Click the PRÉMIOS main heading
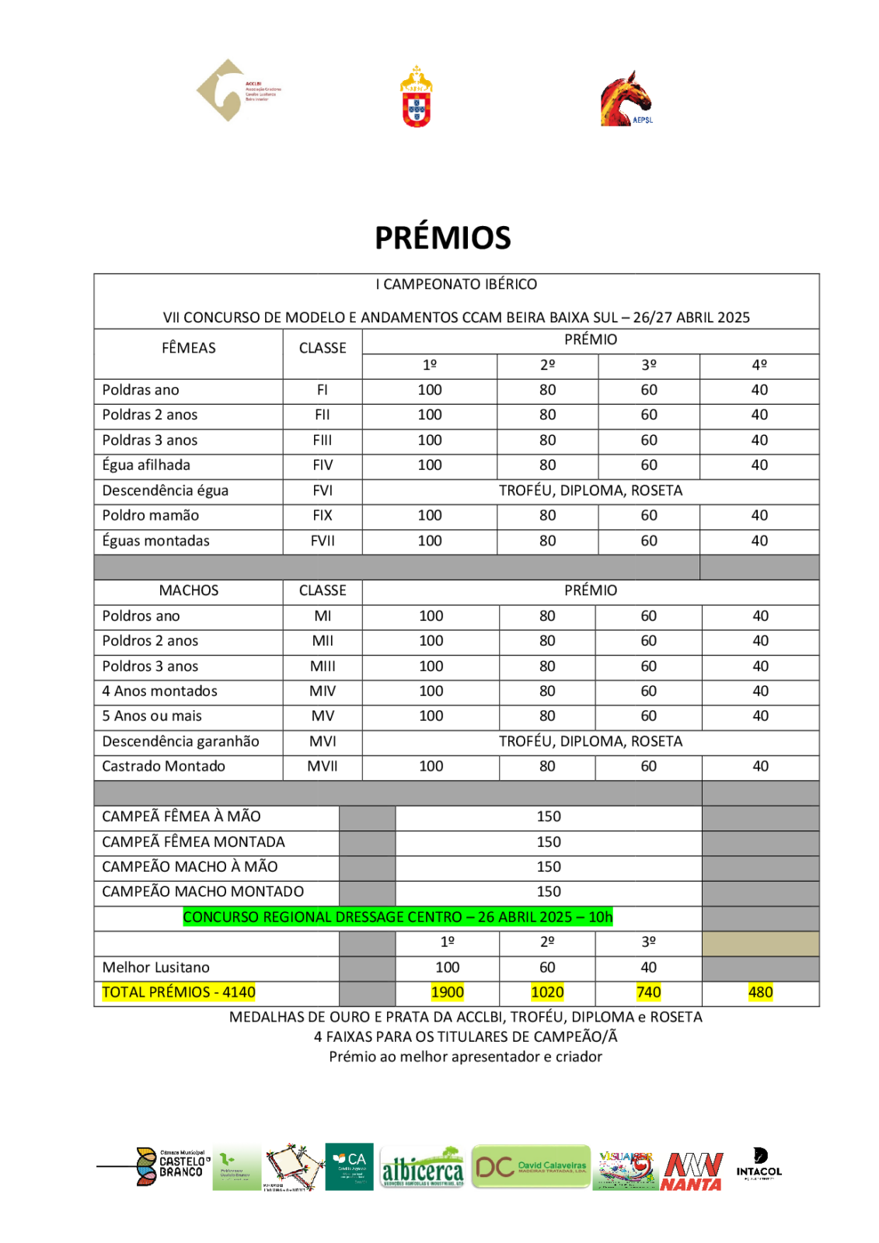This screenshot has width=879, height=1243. pyautogui.click(x=442, y=238)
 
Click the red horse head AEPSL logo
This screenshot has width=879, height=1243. pyautogui.click(x=626, y=99)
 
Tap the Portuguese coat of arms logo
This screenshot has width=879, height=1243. pyautogui.click(x=417, y=97)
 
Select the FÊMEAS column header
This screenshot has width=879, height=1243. pyautogui.click(x=188, y=348)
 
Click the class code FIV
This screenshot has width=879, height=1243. pyautogui.click(x=323, y=465)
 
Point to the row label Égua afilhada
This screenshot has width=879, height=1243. pyautogui.click(x=146, y=465)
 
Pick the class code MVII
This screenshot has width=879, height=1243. pyautogui.click(x=323, y=767)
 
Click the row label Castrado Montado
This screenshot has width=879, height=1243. pyautogui.click(x=163, y=767)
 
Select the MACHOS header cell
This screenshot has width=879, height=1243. pyautogui.click(x=188, y=590)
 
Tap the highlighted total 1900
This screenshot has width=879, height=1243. pyautogui.click(x=447, y=993)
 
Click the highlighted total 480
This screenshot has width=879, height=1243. pyautogui.click(x=760, y=993)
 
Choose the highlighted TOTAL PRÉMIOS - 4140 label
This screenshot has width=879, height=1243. pyautogui.click(x=178, y=993)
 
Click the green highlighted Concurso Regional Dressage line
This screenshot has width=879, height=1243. pyautogui.click(x=397, y=917)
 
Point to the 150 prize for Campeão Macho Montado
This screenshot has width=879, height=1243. pyautogui.click(x=548, y=892)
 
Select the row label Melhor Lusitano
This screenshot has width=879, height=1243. pyautogui.click(x=155, y=968)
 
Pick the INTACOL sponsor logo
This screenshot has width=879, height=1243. pyautogui.click(x=759, y=1164)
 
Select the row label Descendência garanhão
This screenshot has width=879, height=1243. pyautogui.click(x=180, y=742)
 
